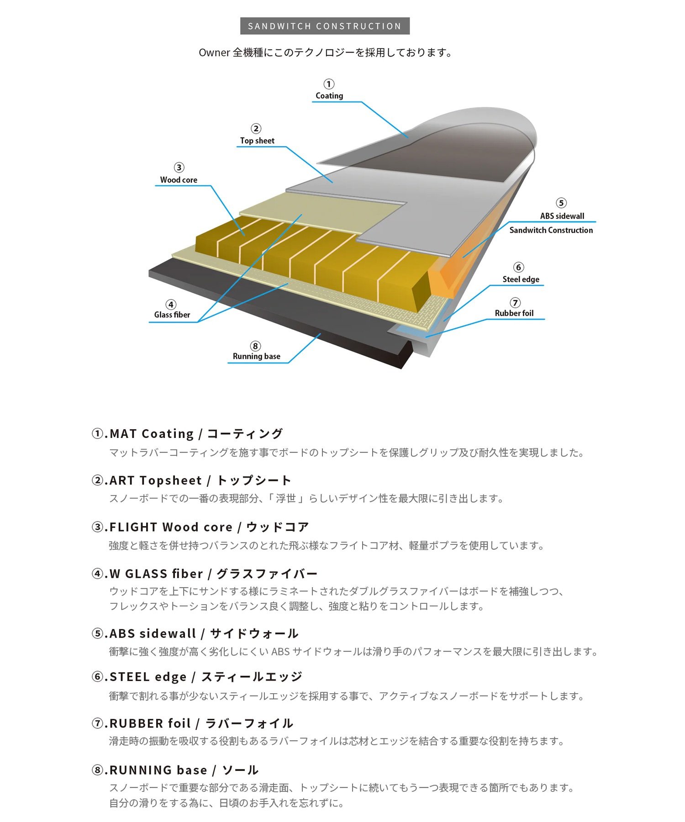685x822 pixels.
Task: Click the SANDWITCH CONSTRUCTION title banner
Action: coord(325,26)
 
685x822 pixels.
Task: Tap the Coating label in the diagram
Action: coord(329,96)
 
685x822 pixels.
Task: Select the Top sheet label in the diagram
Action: coord(257,141)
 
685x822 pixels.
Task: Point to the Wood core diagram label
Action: coord(179,180)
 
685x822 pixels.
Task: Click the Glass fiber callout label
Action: coord(172,315)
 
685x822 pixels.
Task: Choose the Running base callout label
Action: coord(257,356)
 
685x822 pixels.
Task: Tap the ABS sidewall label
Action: coord(562,216)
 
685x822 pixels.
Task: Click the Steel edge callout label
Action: coord(521,279)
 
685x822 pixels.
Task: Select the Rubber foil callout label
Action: coord(514,313)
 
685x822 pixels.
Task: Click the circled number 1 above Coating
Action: coord(329,84)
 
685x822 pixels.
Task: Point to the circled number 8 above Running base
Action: coord(255,346)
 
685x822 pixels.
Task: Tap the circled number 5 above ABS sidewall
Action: coord(561,203)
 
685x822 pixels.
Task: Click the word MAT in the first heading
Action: coord(123,434)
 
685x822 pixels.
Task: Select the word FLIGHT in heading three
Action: coord(133,527)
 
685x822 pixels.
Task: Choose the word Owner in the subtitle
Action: coord(214,53)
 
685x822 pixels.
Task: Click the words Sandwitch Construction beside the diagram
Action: coord(551,230)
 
